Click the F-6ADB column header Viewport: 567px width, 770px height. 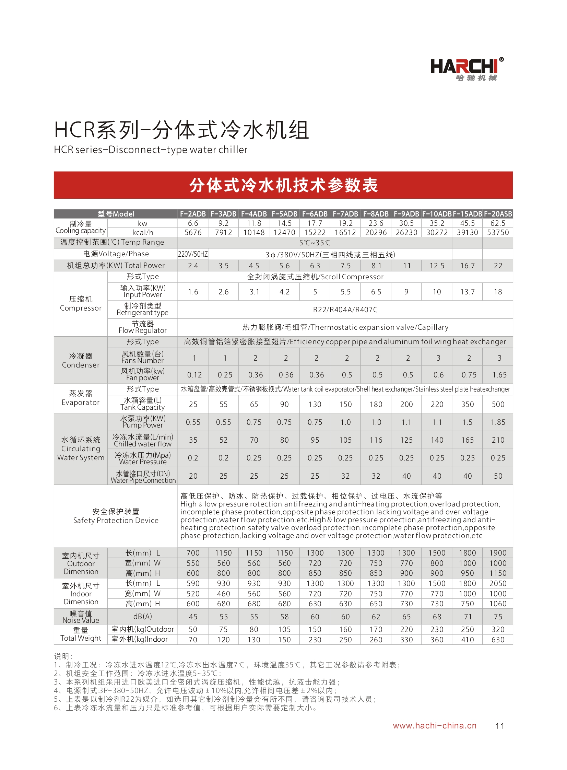pos(315,214)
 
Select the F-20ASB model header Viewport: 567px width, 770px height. pos(498,214)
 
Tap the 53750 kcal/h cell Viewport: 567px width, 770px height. pos(498,232)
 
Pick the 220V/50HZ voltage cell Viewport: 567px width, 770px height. pos(193,254)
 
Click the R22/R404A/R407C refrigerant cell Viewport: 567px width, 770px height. pos(345,310)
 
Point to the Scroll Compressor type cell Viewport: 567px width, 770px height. pos(315,277)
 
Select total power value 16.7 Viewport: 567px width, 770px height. pos(467,266)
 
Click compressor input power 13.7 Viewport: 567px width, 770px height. pos(467,292)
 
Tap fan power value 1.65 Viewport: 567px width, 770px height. pos(499,375)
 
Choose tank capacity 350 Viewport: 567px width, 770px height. pos(467,405)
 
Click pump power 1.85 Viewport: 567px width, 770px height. pos(498,422)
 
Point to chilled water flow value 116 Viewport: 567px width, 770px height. pos(376,440)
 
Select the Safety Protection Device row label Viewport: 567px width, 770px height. pos(116,516)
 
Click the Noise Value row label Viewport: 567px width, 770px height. pos(81,617)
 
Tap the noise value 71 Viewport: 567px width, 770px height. pos(468,617)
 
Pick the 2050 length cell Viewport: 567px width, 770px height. pos(498,583)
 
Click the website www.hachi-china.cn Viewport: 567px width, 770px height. pos(435,725)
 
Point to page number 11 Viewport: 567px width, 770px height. pos(500,726)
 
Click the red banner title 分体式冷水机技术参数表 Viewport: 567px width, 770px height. pos(283,185)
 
